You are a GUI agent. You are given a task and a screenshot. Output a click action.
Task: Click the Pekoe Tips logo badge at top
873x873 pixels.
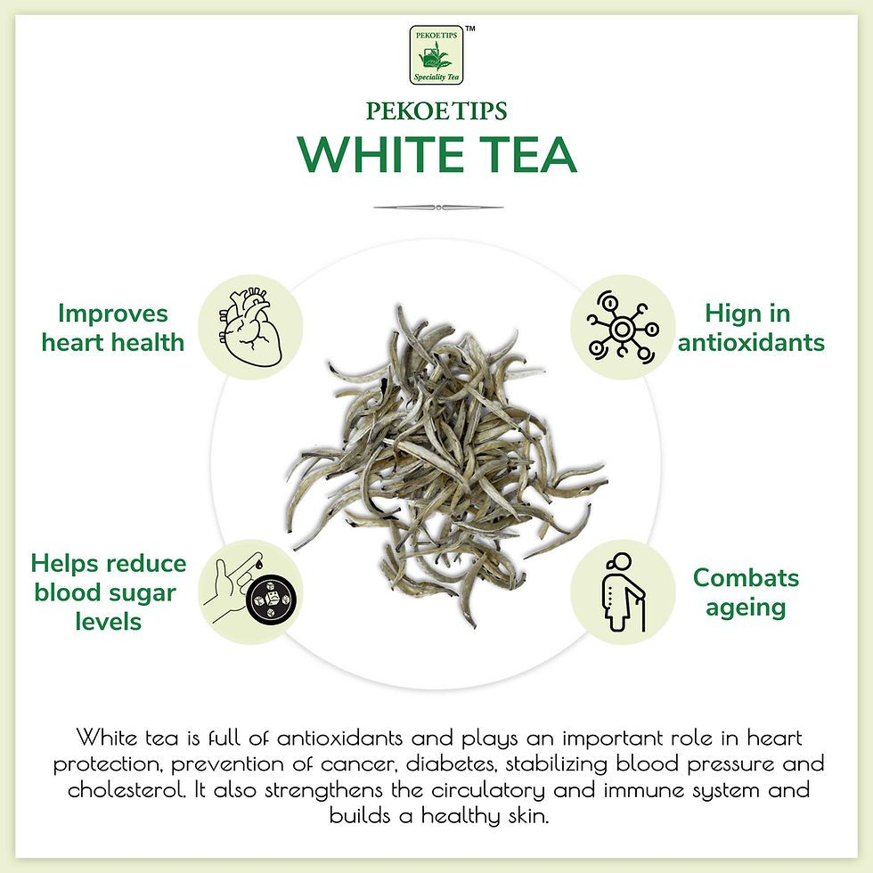tap(436, 54)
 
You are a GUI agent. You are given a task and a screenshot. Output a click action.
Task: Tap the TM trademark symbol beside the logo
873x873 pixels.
tap(470, 29)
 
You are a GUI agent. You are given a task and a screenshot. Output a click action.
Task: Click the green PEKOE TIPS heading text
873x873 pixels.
tap(436, 111)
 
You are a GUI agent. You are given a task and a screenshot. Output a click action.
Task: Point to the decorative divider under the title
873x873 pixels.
tap(438, 207)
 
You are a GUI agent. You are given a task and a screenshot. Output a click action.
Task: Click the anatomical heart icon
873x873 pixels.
tap(250, 328)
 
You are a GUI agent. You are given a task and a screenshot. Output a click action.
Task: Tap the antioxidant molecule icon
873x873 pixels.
tap(623, 328)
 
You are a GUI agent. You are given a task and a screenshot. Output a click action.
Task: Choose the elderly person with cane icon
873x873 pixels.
tap(624, 592)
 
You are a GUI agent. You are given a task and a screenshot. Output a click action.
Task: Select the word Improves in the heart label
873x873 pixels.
tap(113, 314)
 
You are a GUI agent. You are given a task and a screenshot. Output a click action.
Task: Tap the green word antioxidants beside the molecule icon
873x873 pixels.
tap(751, 342)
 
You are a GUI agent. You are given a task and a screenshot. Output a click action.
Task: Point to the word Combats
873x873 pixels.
tap(747, 578)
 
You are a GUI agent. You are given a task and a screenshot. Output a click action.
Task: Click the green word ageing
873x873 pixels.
tap(747, 608)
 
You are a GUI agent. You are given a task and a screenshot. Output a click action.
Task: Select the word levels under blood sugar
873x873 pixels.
tap(109, 622)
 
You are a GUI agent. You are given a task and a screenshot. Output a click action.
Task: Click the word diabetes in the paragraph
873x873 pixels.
tap(452, 763)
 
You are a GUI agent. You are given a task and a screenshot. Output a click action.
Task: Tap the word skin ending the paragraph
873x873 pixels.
tap(529, 816)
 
